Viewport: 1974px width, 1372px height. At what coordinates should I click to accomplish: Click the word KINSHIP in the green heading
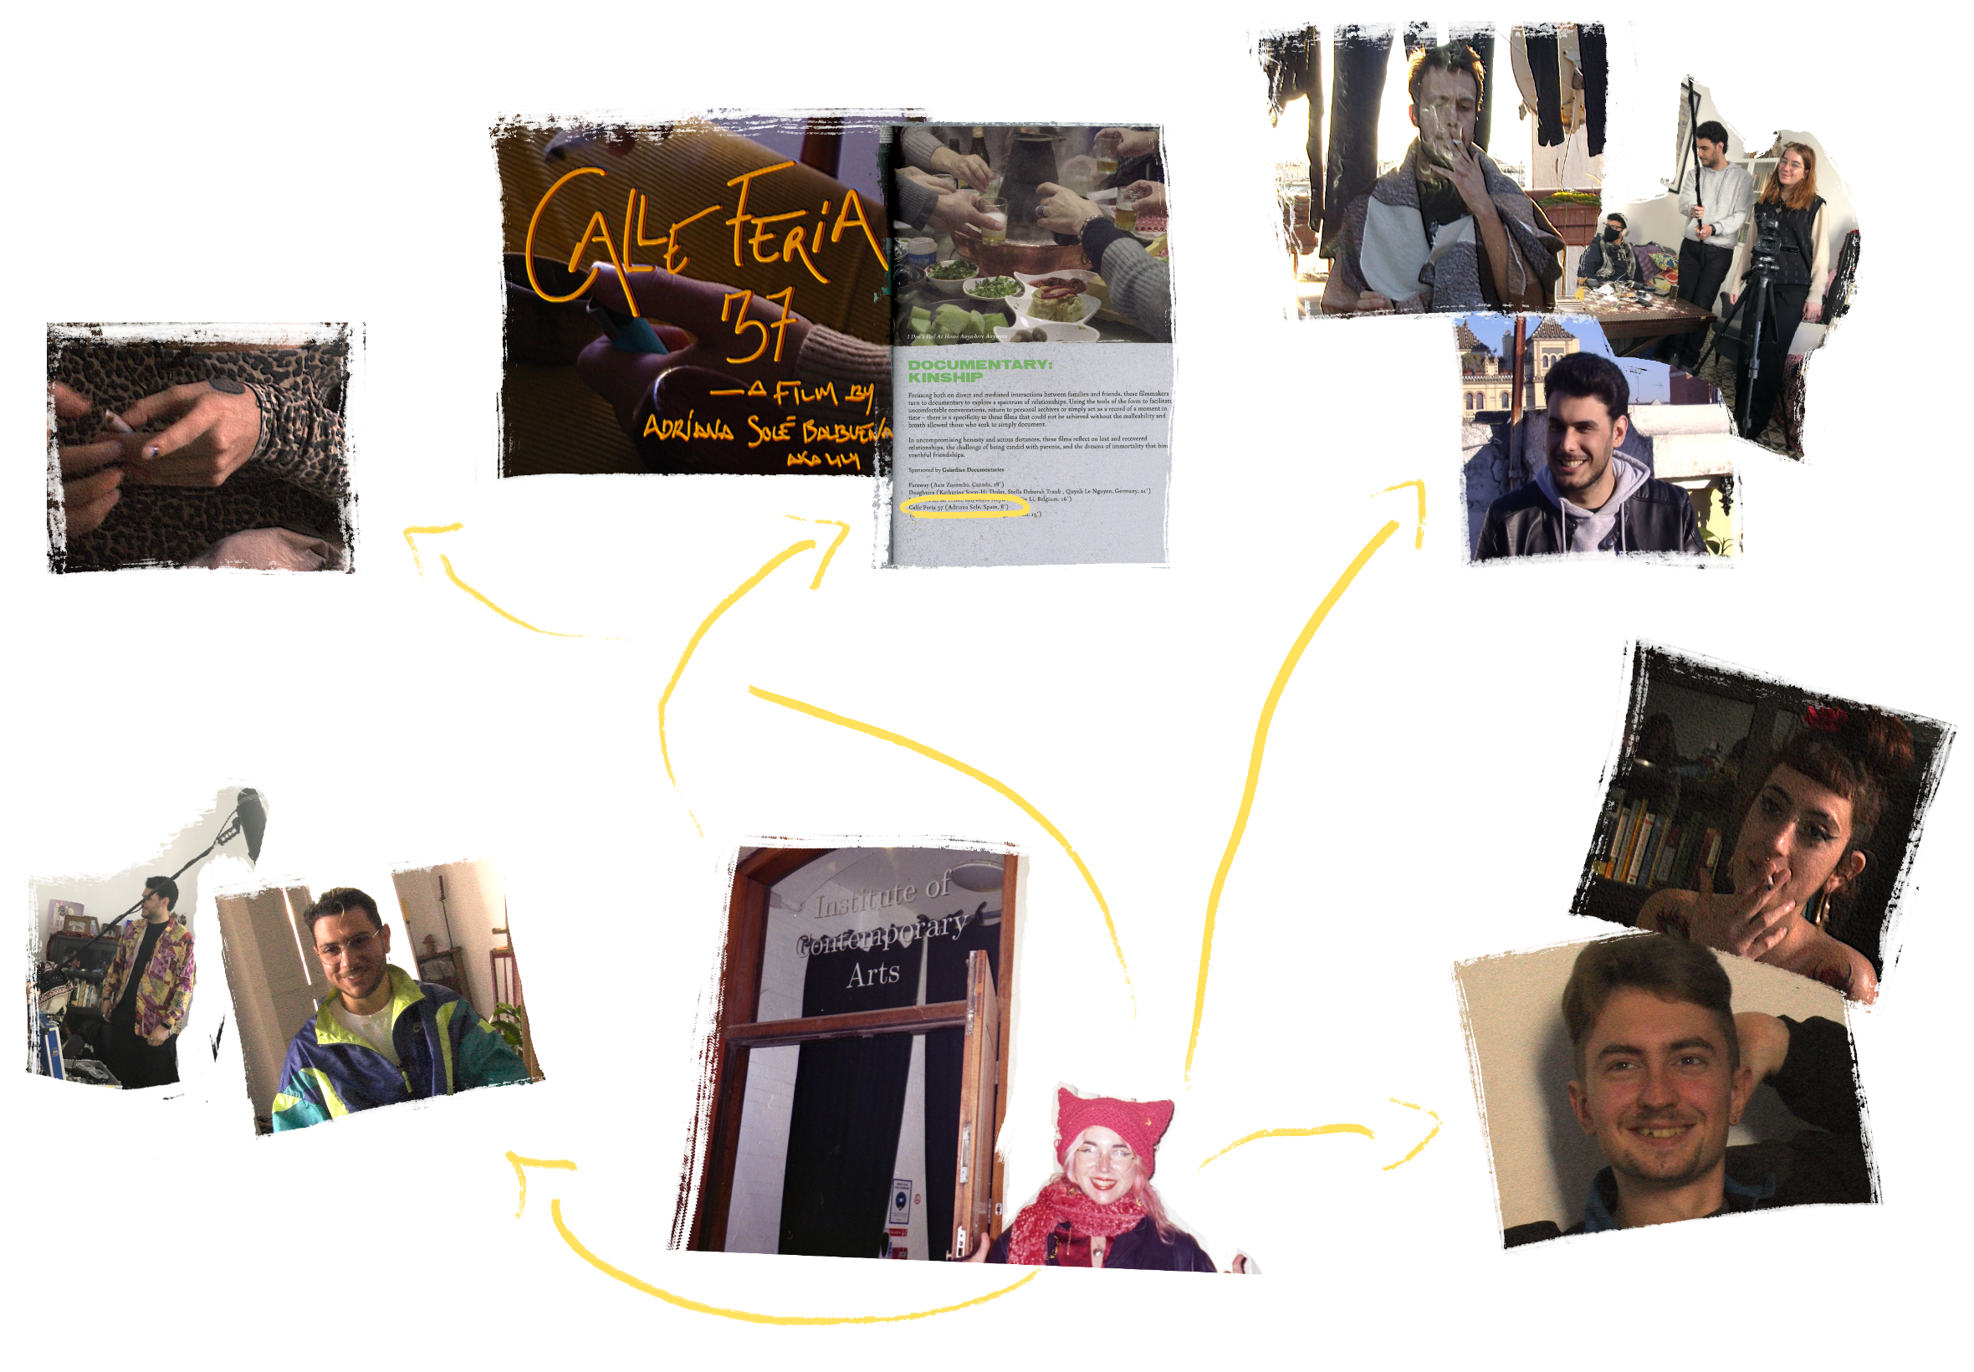tap(944, 377)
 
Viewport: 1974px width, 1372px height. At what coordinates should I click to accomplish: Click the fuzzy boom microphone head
tap(251, 808)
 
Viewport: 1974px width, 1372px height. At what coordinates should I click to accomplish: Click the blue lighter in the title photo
tap(640, 335)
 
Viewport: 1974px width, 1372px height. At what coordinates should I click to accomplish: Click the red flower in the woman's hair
tap(1825, 716)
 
